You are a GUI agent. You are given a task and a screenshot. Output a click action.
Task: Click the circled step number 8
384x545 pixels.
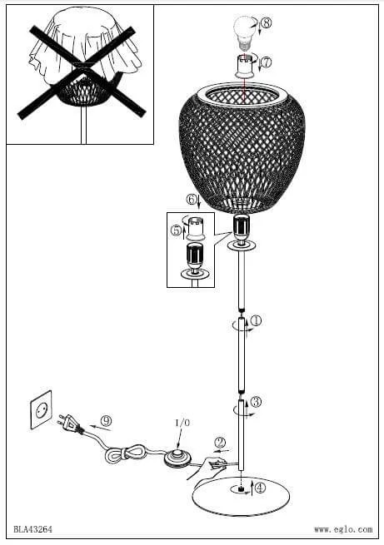tap(266, 23)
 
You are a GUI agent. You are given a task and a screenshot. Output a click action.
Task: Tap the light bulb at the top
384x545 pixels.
tap(244, 34)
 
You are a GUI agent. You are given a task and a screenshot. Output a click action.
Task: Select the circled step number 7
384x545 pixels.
tap(266, 62)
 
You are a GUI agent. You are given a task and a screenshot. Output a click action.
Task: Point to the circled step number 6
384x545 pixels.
tap(191, 200)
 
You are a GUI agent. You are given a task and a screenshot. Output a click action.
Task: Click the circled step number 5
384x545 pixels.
tap(176, 230)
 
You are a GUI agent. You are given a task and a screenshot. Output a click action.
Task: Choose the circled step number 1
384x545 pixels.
tap(256, 320)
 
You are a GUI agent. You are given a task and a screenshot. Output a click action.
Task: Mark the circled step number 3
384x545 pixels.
tap(256, 402)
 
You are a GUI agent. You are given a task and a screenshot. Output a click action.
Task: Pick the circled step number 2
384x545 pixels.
tap(220, 443)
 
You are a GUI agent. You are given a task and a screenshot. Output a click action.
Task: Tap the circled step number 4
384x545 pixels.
tap(260, 488)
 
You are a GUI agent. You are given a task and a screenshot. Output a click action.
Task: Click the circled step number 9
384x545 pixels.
tap(107, 421)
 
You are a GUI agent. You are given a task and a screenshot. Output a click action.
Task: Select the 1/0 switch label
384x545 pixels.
tap(182, 423)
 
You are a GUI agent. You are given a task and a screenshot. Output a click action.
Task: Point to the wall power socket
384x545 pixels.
tap(41, 409)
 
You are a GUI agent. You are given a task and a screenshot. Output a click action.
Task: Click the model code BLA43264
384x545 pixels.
tap(33, 529)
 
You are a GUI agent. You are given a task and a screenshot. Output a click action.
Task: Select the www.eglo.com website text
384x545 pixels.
tap(343, 529)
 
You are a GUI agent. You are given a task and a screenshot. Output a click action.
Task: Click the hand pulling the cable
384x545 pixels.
tap(206, 467)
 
